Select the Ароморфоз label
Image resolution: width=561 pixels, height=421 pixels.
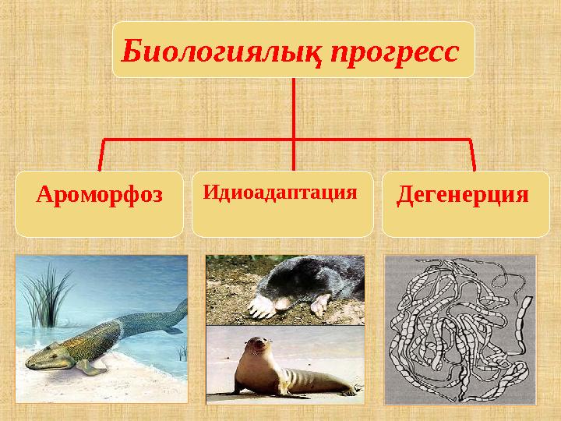pos(100,194)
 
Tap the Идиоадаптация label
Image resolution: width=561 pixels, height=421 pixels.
pos(280,191)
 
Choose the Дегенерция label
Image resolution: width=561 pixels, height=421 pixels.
pos(463,194)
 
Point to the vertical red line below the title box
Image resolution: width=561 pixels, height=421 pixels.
pos(294,109)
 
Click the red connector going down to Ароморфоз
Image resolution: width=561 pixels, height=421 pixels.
pos(101,154)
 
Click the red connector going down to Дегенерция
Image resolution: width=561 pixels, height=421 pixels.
pos(472,154)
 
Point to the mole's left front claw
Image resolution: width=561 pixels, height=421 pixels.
pos(261,306)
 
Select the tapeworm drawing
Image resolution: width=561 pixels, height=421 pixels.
pos(460,327)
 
